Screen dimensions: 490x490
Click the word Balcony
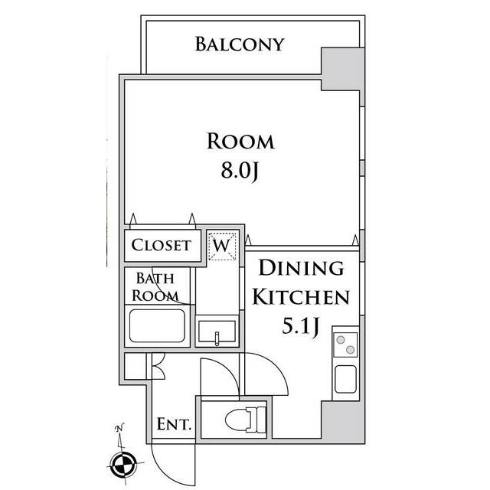tap(240, 44)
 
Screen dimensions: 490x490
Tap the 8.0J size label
tap(240, 171)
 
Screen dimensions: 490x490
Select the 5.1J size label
tap(300, 327)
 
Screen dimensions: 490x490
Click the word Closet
tap(161, 245)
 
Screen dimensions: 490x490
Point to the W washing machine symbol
tap(222, 247)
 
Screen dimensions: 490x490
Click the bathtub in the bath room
tap(157, 326)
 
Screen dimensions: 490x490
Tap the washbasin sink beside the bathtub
tap(217, 332)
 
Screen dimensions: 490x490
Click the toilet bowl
tap(246, 420)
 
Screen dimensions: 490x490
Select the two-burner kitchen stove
tap(345, 345)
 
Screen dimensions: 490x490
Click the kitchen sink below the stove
tap(345, 379)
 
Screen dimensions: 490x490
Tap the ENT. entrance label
tap(174, 424)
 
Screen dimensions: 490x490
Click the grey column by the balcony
tap(343, 69)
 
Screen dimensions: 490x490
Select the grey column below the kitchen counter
tap(343, 422)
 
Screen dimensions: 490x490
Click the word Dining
tap(302, 268)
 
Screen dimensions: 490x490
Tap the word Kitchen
tap(301, 297)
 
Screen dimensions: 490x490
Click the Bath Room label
tap(155, 287)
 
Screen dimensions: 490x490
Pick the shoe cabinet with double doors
tap(145, 366)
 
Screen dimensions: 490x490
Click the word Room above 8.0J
tap(240, 142)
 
